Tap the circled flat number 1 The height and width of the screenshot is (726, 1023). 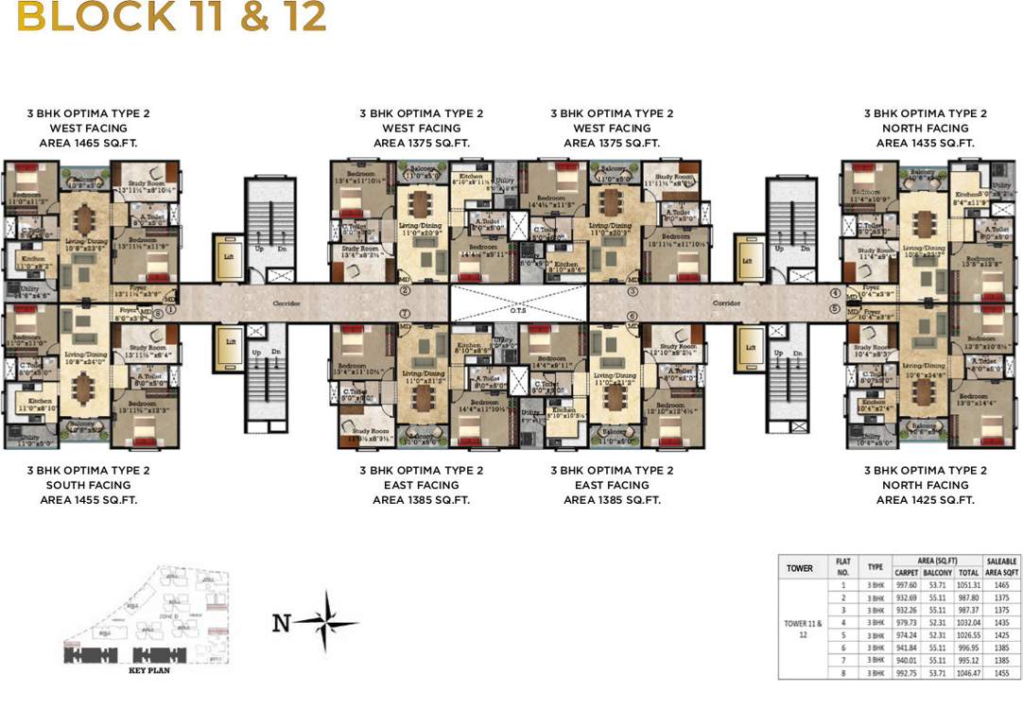tap(171, 308)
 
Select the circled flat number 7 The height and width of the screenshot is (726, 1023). tap(404, 313)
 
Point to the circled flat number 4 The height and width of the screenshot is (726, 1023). tap(836, 294)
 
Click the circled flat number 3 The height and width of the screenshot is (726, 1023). tap(633, 292)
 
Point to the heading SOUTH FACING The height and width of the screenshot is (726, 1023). tap(87, 485)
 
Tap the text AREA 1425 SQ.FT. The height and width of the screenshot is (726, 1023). tap(925, 500)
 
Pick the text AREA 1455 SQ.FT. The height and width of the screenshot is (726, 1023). tap(87, 500)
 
